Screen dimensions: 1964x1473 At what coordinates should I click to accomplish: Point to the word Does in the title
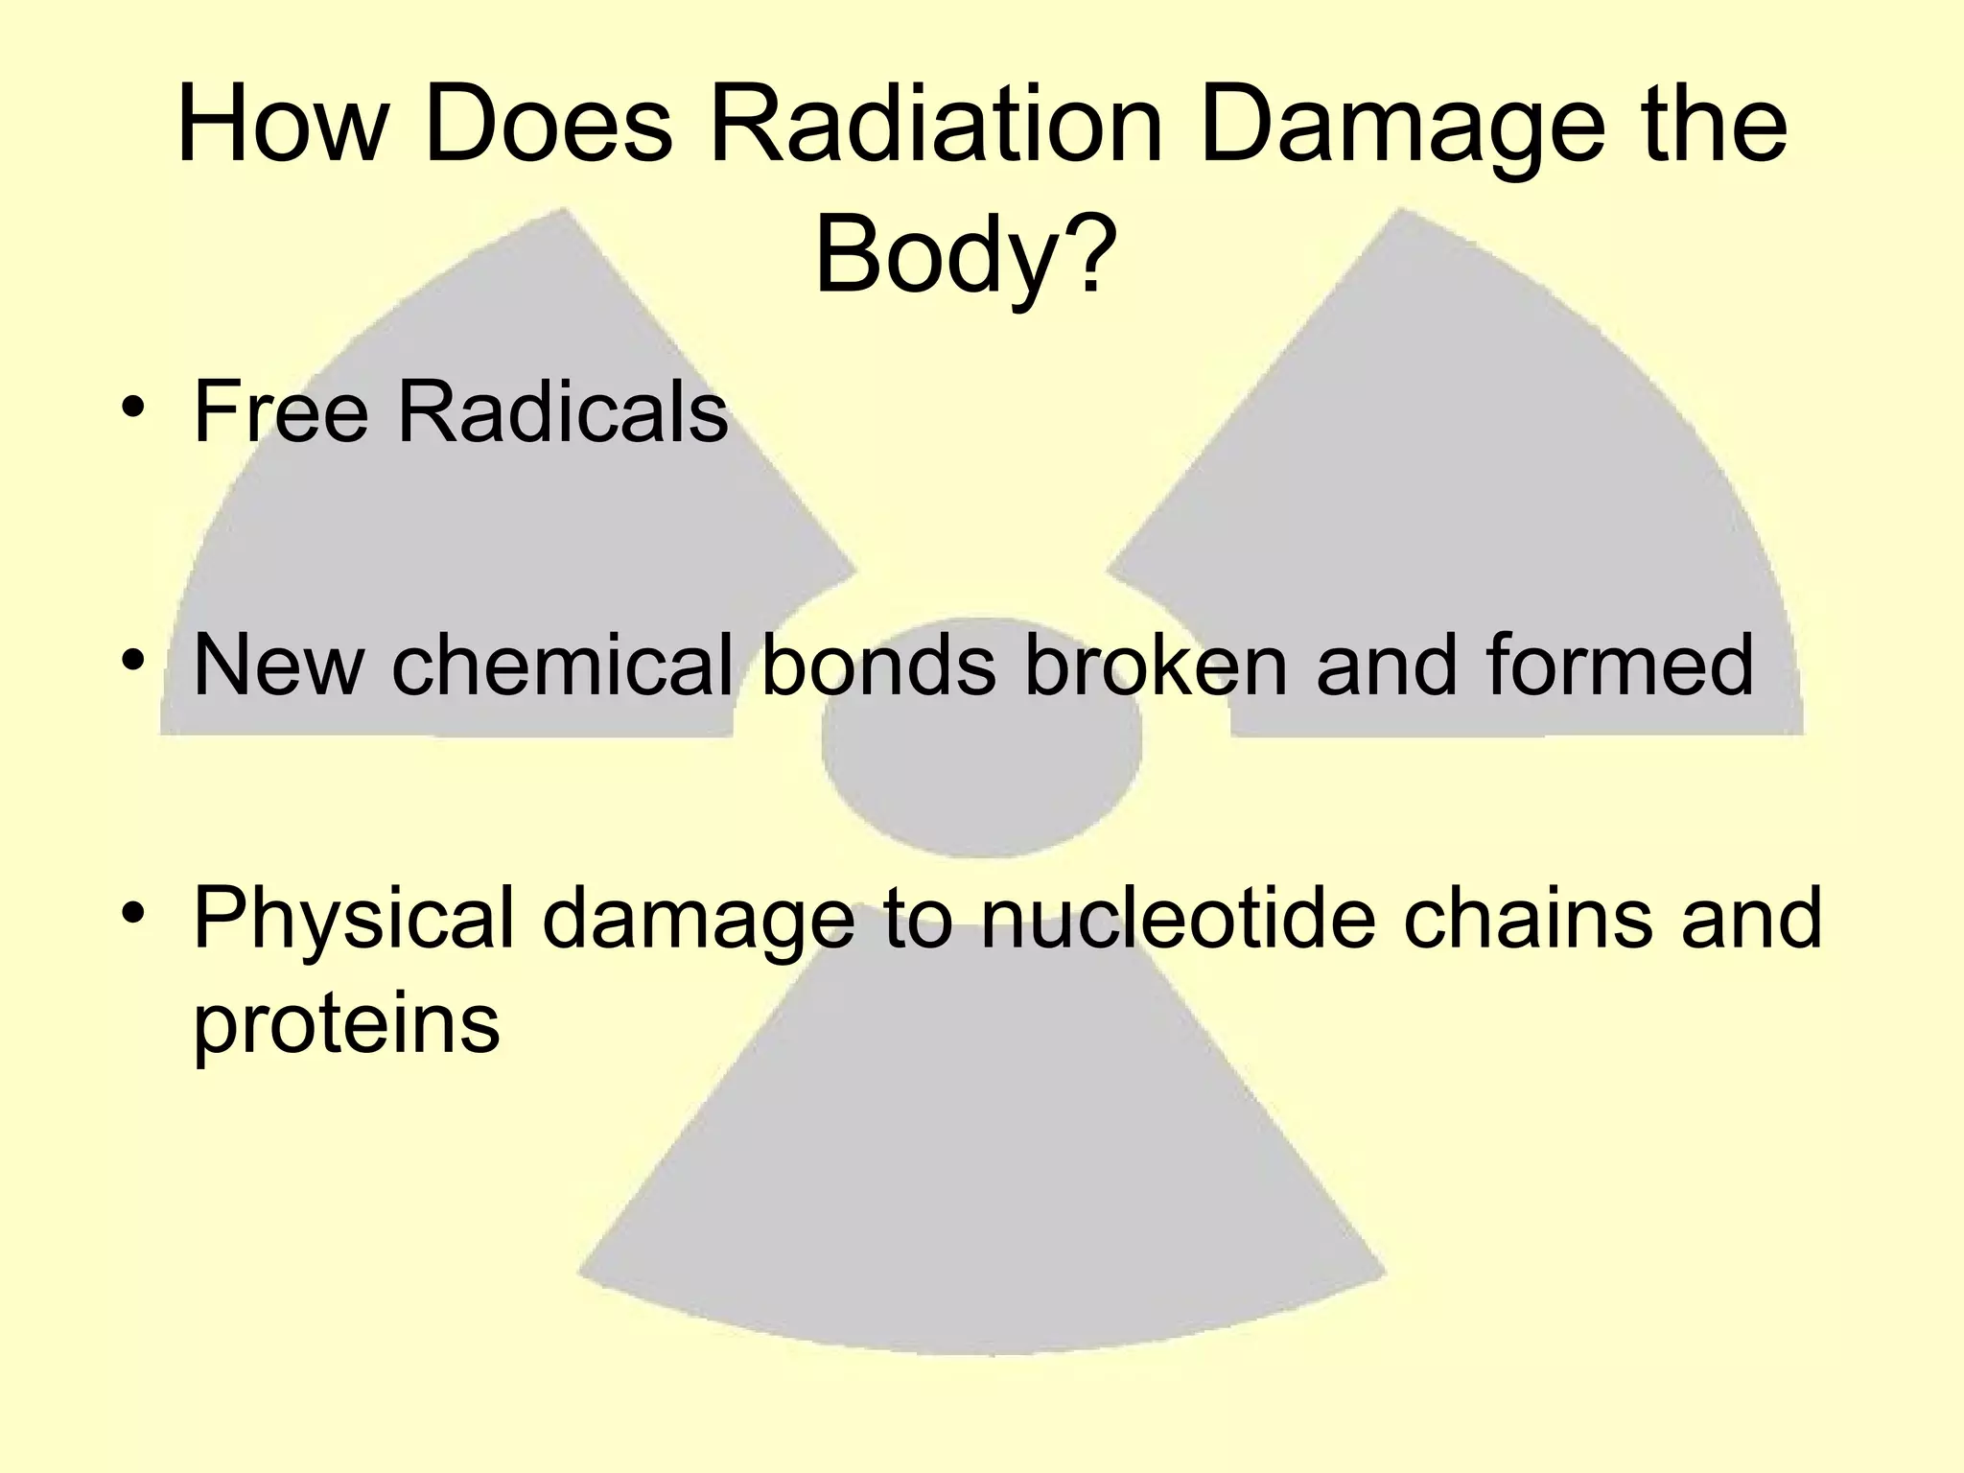pos(549,126)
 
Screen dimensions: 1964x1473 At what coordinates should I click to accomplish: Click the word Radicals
pos(563,411)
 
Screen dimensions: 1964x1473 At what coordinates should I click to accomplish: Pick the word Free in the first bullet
pos(281,411)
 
